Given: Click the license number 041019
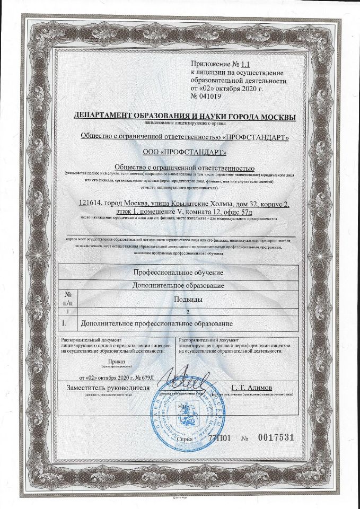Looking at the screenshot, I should pos(210,97).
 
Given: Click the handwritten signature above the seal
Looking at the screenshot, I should pos(183,381).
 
